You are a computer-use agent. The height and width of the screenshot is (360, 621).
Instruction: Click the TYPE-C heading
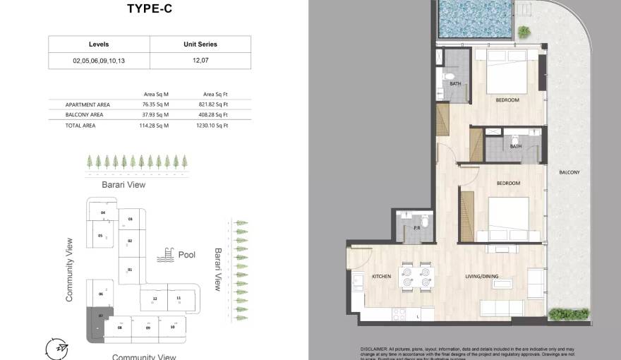point(150,9)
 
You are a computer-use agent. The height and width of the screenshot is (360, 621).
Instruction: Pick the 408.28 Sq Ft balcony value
point(215,114)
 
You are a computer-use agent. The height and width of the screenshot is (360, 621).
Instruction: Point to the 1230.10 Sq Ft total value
point(215,126)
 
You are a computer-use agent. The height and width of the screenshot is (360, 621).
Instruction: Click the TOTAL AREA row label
point(80,126)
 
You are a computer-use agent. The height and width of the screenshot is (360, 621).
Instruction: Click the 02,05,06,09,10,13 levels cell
point(99,61)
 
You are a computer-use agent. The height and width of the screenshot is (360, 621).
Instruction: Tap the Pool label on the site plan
point(187,255)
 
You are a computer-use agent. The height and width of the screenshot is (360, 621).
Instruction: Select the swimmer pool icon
point(167,255)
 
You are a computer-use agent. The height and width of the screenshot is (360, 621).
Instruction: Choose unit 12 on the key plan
point(155,299)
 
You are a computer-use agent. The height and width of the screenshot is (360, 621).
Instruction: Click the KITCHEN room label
point(381,277)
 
